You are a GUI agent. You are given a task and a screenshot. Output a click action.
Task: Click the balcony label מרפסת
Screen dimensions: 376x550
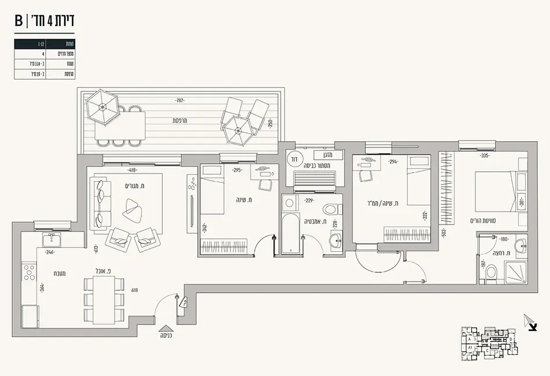point(183,121)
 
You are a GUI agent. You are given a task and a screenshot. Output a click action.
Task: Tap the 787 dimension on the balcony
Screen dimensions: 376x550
point(179,101)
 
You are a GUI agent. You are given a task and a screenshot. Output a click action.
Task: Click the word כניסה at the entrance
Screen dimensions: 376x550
point(166,336)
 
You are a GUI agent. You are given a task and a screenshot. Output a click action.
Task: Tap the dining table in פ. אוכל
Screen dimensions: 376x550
point(104,299)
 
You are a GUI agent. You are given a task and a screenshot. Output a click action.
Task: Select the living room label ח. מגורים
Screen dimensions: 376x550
point(135,186)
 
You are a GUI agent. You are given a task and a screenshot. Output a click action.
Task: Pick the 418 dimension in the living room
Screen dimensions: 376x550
point(133,170)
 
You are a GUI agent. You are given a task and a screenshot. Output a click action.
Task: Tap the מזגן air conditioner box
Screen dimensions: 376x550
point(321,154)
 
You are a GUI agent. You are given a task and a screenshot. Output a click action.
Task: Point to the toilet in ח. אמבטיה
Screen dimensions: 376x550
point(331,209)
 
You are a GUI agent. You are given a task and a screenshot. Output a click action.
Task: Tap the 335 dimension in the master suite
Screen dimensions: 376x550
point(485,156)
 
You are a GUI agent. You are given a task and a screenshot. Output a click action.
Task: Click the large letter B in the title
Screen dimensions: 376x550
point(19,21)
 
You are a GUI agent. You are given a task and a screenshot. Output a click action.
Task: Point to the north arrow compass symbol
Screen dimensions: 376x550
point(530,323)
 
